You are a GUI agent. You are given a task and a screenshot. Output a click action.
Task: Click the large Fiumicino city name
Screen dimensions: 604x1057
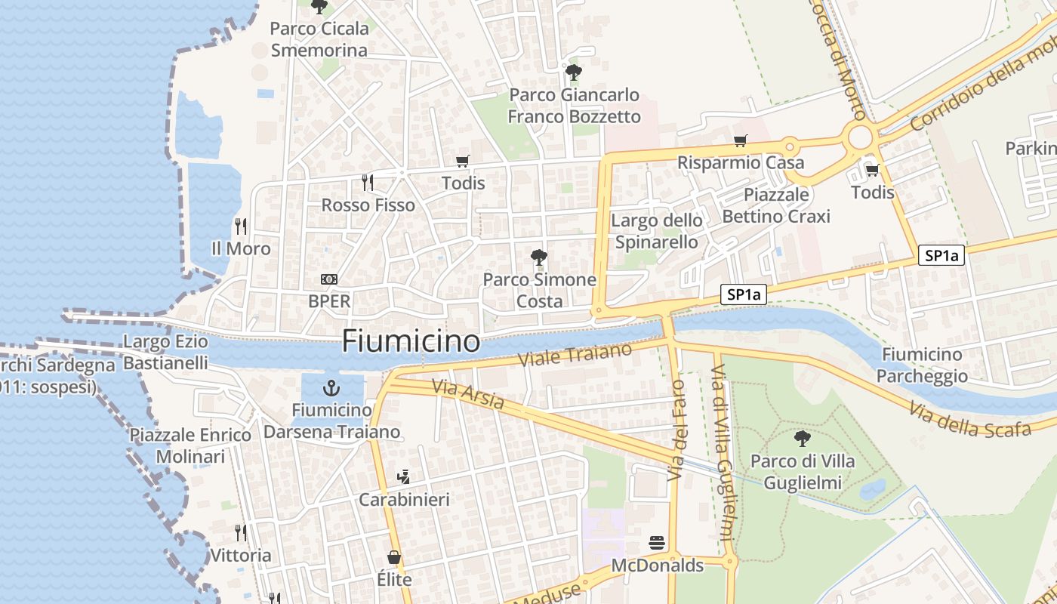coord(411,341)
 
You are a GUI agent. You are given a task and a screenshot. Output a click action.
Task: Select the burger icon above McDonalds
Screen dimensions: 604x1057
coord(657,543)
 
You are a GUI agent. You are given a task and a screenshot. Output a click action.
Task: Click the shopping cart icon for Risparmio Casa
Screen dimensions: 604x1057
coord(740,140)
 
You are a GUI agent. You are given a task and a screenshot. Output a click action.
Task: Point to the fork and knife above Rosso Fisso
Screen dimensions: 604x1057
coord(368,182)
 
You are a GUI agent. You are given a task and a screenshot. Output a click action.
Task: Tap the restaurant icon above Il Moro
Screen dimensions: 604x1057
coord(241,226)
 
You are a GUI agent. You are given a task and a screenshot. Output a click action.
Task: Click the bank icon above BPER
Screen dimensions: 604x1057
coord(329,279)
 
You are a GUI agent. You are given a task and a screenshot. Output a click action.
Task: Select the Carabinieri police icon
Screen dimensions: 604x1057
coord(404,476)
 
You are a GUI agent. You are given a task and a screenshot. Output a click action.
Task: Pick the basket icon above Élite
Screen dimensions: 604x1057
coord(394,557)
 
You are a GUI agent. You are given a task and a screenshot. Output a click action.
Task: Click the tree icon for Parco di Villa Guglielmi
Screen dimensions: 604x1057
coord(803,438)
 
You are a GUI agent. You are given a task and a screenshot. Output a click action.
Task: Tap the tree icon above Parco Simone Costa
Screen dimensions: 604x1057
coord(539,257)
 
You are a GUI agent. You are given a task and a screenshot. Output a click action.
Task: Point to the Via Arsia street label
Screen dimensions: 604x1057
coord(468,395)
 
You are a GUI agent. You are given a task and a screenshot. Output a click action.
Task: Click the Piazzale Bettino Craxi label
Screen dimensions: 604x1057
coord(776,205)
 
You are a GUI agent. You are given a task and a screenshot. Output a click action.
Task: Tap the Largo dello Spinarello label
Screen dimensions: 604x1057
coord(657,231)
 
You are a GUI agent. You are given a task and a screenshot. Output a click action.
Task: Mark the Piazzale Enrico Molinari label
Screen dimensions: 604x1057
coord(190,445)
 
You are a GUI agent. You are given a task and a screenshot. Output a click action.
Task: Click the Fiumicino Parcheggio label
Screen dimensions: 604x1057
coord(922,365)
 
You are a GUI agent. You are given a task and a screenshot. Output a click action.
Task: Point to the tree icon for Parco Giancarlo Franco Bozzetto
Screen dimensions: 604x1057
coord(574,72)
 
